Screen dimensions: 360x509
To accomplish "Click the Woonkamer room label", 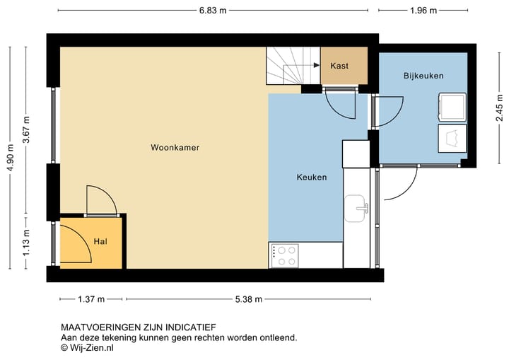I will click(175, 148).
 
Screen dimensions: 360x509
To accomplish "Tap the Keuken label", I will click(311, 178).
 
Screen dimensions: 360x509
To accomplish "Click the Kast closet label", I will click(339, 66).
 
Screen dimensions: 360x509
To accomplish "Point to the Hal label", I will click(100, 242).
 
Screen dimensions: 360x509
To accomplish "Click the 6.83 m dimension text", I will click(213, 11).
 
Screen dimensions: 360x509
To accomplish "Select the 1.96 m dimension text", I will click(423, 11).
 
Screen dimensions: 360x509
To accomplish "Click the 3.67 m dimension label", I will click(26, 130).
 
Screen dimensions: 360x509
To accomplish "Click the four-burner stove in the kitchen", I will click(284, 255).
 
